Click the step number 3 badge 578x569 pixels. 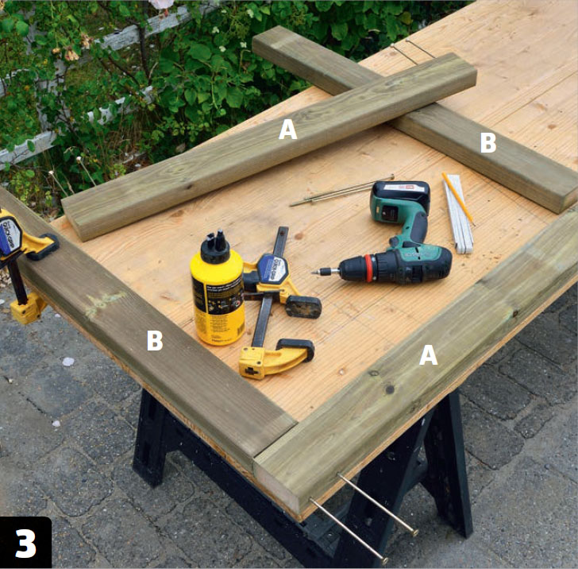click(25, 543)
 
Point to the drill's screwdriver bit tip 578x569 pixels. click(314, 273)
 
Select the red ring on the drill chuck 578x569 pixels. click(369, 268)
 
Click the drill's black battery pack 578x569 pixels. click(401, 201)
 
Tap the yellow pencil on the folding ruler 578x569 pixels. click(458, 199)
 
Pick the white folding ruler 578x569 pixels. click(458, 215)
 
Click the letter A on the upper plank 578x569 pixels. click(288, 130)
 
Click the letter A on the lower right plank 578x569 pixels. click(429, 355)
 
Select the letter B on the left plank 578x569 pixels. click(155, 340)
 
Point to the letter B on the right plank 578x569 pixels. click(488, 142)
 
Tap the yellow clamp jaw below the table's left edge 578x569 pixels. click(28, 309)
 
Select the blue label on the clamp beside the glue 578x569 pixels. click(274, 269)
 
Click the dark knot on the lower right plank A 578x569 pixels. click(389, 389)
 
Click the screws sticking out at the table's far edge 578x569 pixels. click(413, 52)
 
